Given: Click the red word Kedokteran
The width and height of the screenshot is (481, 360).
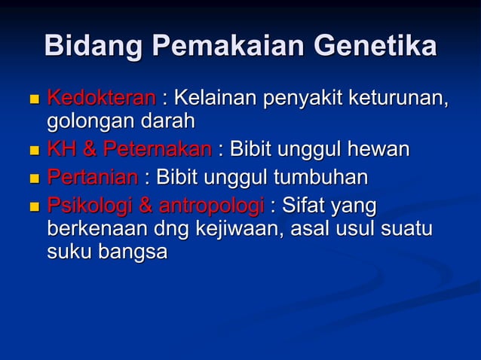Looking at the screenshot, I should pyautogui.click(x=102, y=98).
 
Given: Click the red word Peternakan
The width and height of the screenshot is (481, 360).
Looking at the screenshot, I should pyautogui.click(x=157, y=150).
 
